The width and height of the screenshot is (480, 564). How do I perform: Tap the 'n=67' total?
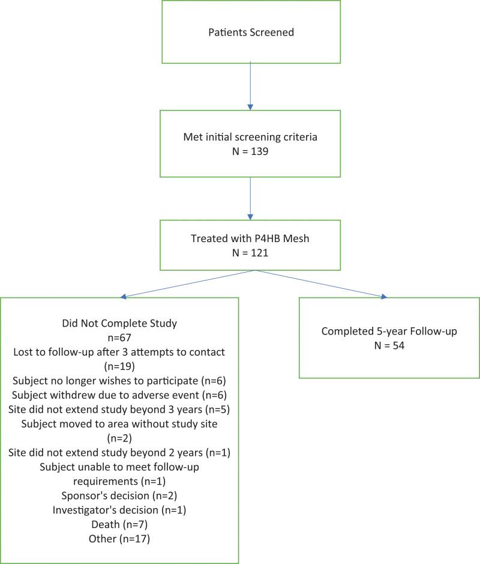120,338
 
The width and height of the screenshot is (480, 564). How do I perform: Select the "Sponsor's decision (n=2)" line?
120,496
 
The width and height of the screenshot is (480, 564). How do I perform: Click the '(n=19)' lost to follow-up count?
120,366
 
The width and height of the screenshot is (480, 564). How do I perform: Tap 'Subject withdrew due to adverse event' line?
120,395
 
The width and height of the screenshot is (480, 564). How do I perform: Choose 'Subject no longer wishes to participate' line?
120,380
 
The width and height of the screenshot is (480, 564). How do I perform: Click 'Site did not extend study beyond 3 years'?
120,409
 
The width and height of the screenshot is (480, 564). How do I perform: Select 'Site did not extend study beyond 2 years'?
120,452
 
